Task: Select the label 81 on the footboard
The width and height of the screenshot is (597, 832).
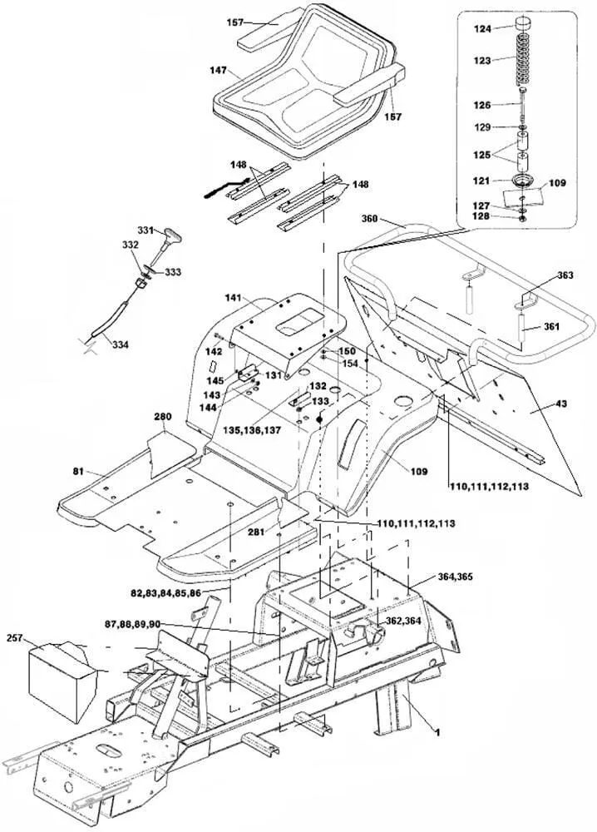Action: point(77,472)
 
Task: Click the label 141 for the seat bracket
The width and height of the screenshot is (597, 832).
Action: point(232,298)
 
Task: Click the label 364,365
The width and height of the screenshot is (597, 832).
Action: point(454,577)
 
